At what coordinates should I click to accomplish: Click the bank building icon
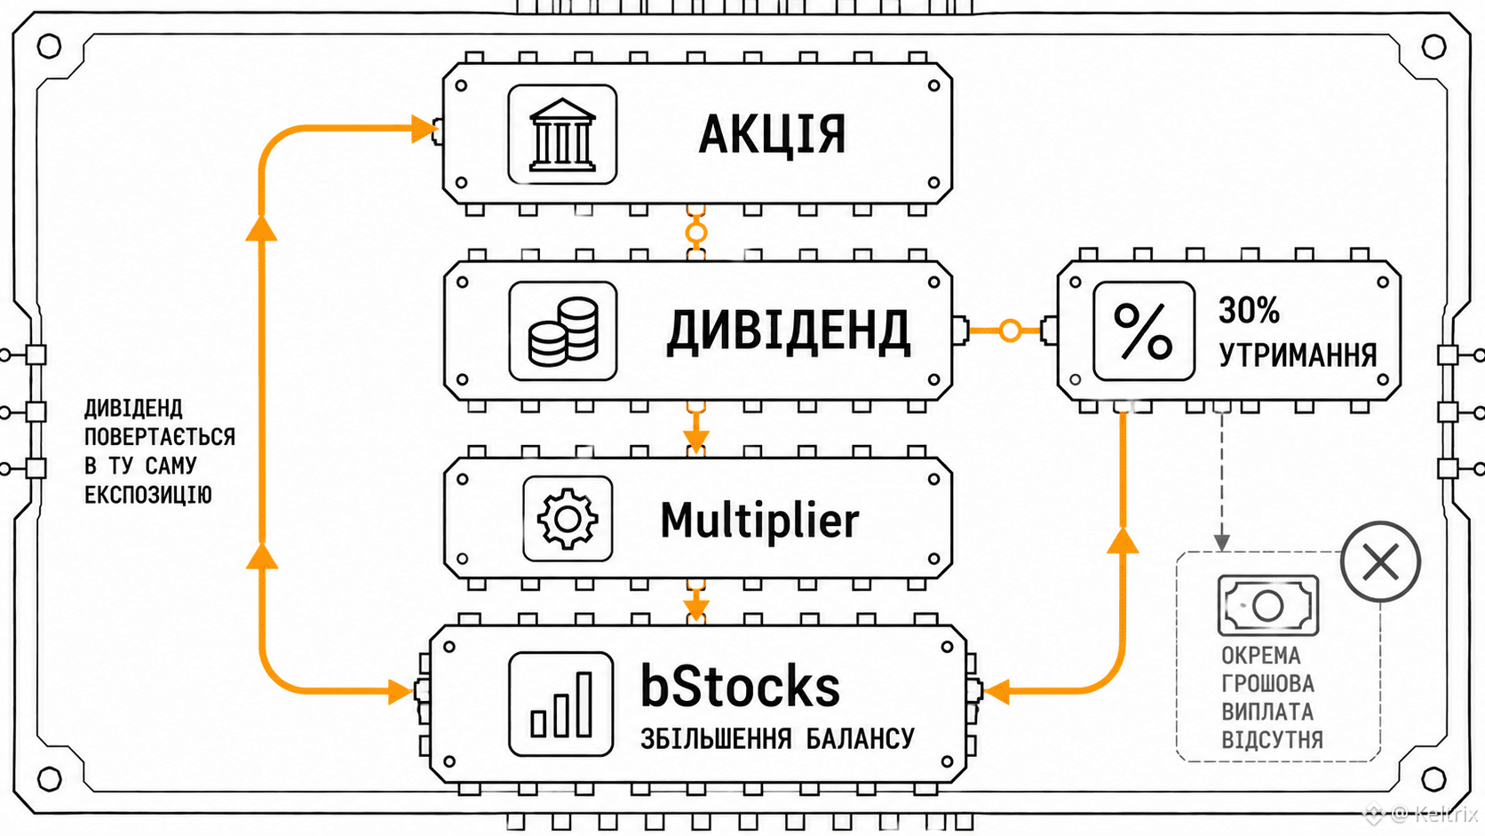(562, 134)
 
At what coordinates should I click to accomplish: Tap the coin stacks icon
(563, 331)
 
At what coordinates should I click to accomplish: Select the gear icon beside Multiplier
(568, 519)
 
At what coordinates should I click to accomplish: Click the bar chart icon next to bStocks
(560, 704)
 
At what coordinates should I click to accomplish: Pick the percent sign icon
(1144, 330)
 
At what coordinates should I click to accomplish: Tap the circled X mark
(1380, 561)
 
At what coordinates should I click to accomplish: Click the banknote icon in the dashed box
(1268, 605)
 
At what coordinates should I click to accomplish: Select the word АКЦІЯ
(773, 135)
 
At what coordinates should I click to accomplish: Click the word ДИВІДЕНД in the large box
(789, 331)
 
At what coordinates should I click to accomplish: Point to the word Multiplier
(759, 521)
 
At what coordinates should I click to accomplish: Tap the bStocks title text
(740, 686)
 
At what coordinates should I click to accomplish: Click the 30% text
(1249, 309)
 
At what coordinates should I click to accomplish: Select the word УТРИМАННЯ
(1298, 355)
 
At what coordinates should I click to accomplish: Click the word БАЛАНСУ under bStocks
(861, 738)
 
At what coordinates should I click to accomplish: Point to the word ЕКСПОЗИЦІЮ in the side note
(147, 495)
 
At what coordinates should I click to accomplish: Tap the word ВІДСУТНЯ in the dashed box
(1272, 739)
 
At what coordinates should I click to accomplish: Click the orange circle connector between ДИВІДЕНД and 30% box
(1010, 330)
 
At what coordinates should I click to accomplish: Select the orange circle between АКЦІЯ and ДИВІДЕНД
(696, 233)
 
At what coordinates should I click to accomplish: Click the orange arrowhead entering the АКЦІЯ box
(424, 129)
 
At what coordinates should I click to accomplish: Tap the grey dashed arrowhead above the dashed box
(1222, 543)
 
